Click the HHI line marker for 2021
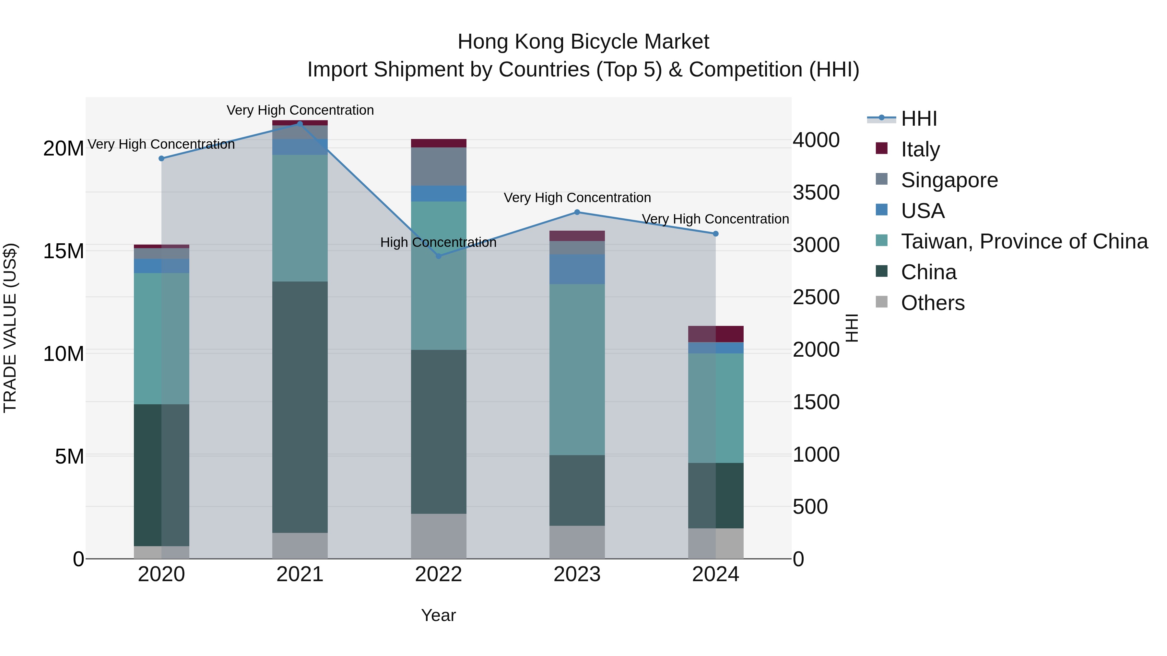(x=300, y=124)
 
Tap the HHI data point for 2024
(x=715, y=234)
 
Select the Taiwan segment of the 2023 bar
(x=577, y=369)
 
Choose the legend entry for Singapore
(x=949, y=180)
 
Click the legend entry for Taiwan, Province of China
(x=1024, y=241)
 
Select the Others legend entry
(x=932, y=303)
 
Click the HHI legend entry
(x=919, y=119)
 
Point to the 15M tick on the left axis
(x=64, y=251)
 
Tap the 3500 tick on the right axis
(x=816, y=192)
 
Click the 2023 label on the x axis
(x=577, y=574)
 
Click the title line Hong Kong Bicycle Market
(x=583, y=42)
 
